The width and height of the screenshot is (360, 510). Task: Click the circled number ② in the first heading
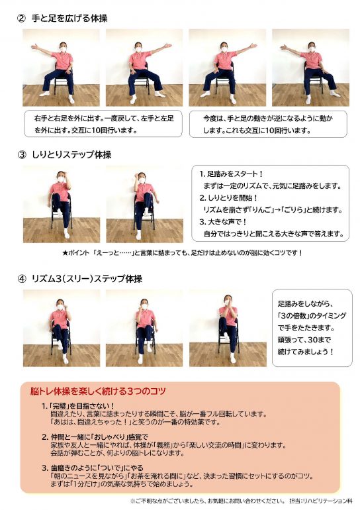point(21,19)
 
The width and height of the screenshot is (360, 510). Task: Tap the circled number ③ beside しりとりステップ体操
point(21,155)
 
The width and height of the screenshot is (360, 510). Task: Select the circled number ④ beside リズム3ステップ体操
point(21,279)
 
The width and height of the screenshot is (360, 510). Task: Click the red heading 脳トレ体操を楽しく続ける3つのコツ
point(98,391)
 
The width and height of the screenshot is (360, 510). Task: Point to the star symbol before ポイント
point(65,253)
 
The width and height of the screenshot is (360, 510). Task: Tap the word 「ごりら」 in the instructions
point(291,210)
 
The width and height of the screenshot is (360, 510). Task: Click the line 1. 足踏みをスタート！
point(231,174)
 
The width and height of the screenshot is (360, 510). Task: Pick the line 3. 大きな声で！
point(223,222)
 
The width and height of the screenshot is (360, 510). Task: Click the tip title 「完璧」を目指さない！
point(78,406)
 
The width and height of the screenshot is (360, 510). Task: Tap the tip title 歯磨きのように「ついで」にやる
point(92,468)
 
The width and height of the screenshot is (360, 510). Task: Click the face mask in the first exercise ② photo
point(63,50)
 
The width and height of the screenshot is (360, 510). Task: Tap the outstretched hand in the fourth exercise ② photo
point(284,48)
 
